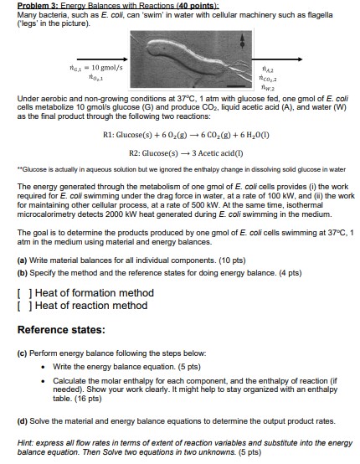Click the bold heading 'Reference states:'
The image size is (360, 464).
[x=66, y=328]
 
